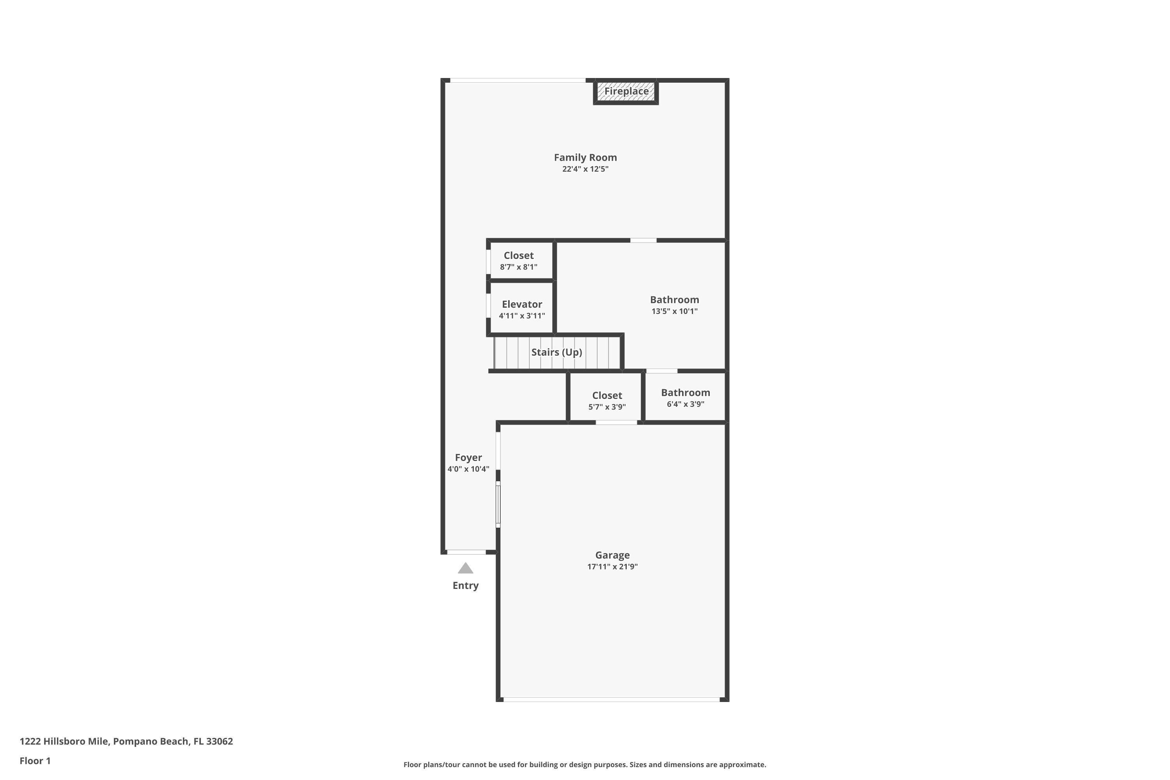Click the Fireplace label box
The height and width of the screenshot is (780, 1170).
click(626, 92)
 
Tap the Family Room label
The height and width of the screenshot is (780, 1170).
click(585, 158)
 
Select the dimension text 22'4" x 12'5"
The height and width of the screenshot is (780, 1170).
click(585, 169)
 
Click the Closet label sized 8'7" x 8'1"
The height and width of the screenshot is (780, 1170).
click(518, 256)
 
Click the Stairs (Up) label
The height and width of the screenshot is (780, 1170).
click(556, 352)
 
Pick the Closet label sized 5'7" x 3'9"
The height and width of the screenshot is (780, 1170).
click(607, 395)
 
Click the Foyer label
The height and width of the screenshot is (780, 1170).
click(468, 457)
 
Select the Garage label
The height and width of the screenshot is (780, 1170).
click(612, 555)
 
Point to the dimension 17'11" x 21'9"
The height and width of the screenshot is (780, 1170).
click(612, 567)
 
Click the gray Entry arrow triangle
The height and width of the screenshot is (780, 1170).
click(465, 569)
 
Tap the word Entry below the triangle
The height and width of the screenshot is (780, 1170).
click(465, 585)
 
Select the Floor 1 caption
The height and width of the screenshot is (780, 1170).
click(35, 760)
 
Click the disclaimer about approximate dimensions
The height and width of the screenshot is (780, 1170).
click(585, 764)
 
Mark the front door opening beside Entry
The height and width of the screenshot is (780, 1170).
click(466, 552)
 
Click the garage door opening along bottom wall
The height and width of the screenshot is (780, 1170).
click(612, 699)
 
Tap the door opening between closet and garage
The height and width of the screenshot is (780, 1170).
click(616, 423)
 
